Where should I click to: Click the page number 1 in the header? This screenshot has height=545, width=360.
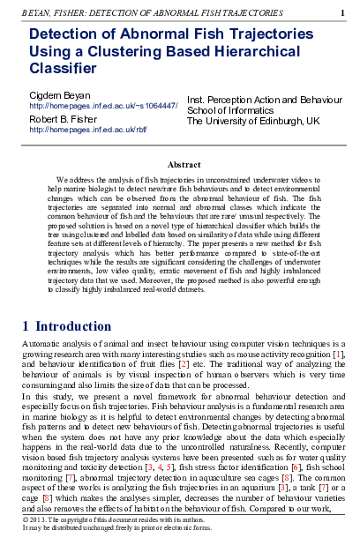(342, 13)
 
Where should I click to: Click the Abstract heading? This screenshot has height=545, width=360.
(184, 164)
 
